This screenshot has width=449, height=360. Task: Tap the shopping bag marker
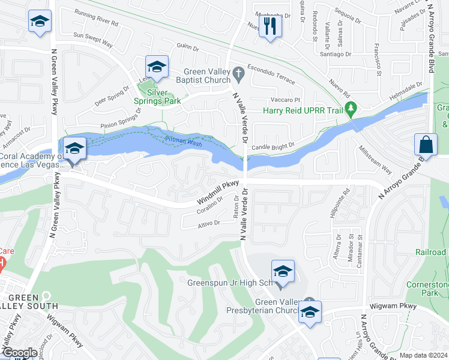(x=426, y=145)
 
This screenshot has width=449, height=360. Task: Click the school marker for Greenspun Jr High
(x=283, y=271)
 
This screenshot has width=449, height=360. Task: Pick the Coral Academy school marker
(x=74, y=149)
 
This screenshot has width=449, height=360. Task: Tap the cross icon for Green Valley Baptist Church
(x=238, y=74)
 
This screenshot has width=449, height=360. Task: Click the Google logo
(x=19, y=353)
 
